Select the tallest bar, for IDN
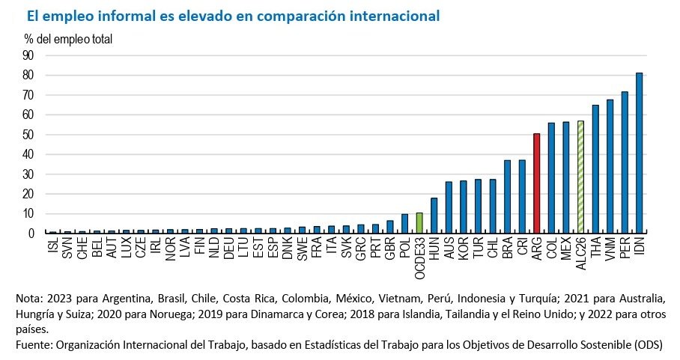tap(639, 153)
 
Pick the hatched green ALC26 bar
tap(580, 177)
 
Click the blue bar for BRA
tap(507, 197)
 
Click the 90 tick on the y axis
tap(28, 55)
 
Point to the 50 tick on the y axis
tap(28, 135)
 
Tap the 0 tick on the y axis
tap(31, 234)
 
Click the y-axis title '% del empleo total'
tap(68, 39)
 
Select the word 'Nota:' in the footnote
tap(29, 298)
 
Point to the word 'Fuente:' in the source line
tap(34, 344)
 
